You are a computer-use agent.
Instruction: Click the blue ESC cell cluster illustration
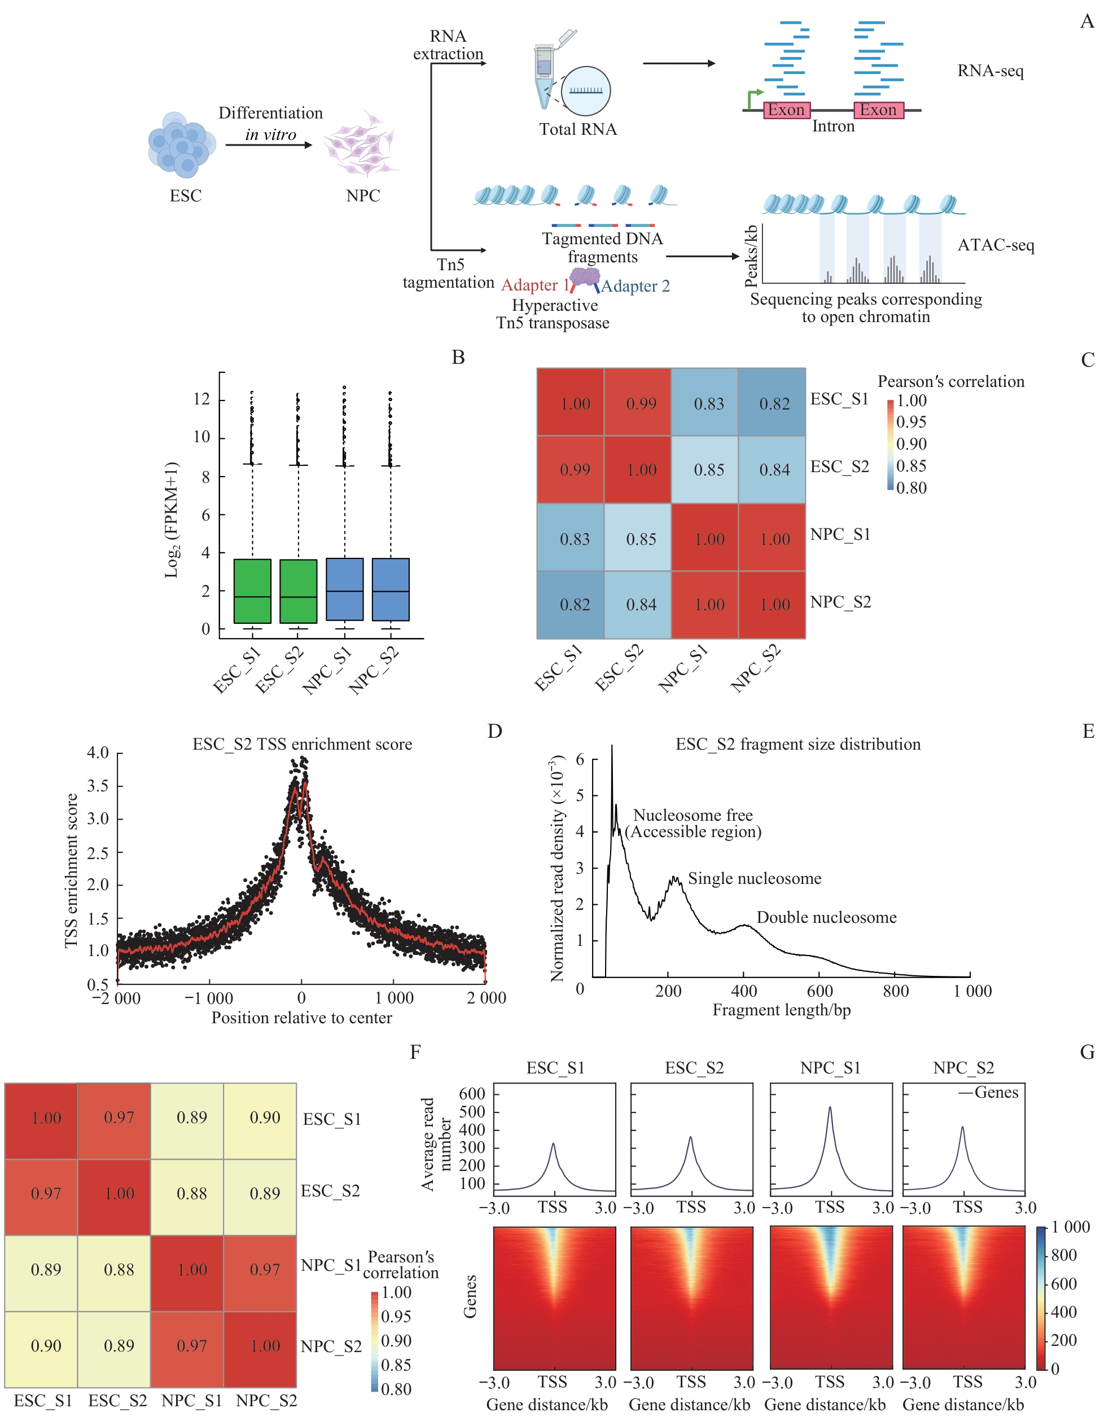[x=181, y=145]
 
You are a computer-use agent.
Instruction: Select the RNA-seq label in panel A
[x=989, y=71]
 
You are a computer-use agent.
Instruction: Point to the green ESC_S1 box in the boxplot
[x=252, y=591]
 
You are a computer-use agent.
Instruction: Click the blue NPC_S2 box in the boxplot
[x=391, y=589]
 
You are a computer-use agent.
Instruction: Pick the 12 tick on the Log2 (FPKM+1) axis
[x=202, y=399]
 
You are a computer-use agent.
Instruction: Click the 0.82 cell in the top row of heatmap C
[x=774, y=403]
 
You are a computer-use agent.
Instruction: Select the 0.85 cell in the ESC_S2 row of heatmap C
[x=709, y=469]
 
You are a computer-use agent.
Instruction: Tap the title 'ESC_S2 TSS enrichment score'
[x=302, y=745]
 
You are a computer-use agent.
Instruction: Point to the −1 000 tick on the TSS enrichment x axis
[x=209, y=998]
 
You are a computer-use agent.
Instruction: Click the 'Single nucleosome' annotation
[x=755, y=878]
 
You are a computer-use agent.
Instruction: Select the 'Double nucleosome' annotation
[x=826, y=917]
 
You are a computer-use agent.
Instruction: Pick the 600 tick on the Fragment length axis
[x=819, y=991]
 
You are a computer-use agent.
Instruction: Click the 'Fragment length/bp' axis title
[x=781, y=1010]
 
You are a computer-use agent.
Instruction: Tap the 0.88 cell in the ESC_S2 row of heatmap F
[x=191, y=1194]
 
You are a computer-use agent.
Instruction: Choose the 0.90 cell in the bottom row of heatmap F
[x=46, y=1346]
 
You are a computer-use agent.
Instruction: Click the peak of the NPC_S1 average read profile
[x=830, y=1107]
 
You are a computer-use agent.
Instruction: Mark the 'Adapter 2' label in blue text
[x=635, y=286]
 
